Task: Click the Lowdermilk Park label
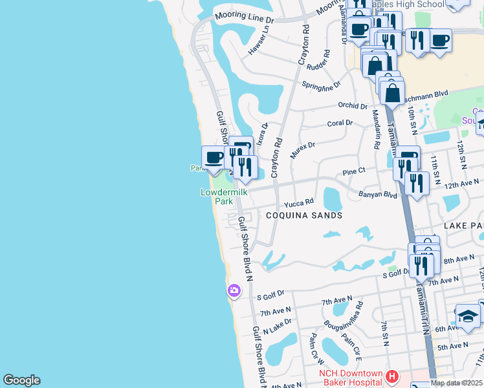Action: (x=216, y=197)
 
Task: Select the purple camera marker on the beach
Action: (x=234, y=291)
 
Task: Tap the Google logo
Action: (x=21, y=380)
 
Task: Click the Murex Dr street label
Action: (x=302, y=151)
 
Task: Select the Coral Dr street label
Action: (x=340, y=123)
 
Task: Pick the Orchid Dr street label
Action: (x=353, y=105)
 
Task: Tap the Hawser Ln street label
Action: (x=258, y=41)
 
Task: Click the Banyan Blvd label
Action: (x=377, y=195)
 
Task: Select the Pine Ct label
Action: (x=354, y=172)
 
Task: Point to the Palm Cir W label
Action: (x=316, y=348)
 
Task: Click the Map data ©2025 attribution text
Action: (x=456, y=383)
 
